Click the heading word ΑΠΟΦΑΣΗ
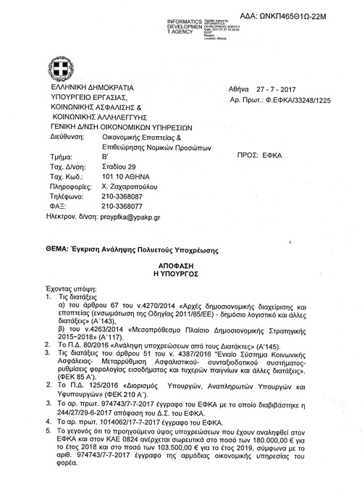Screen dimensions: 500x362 click(x=180, y=266)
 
